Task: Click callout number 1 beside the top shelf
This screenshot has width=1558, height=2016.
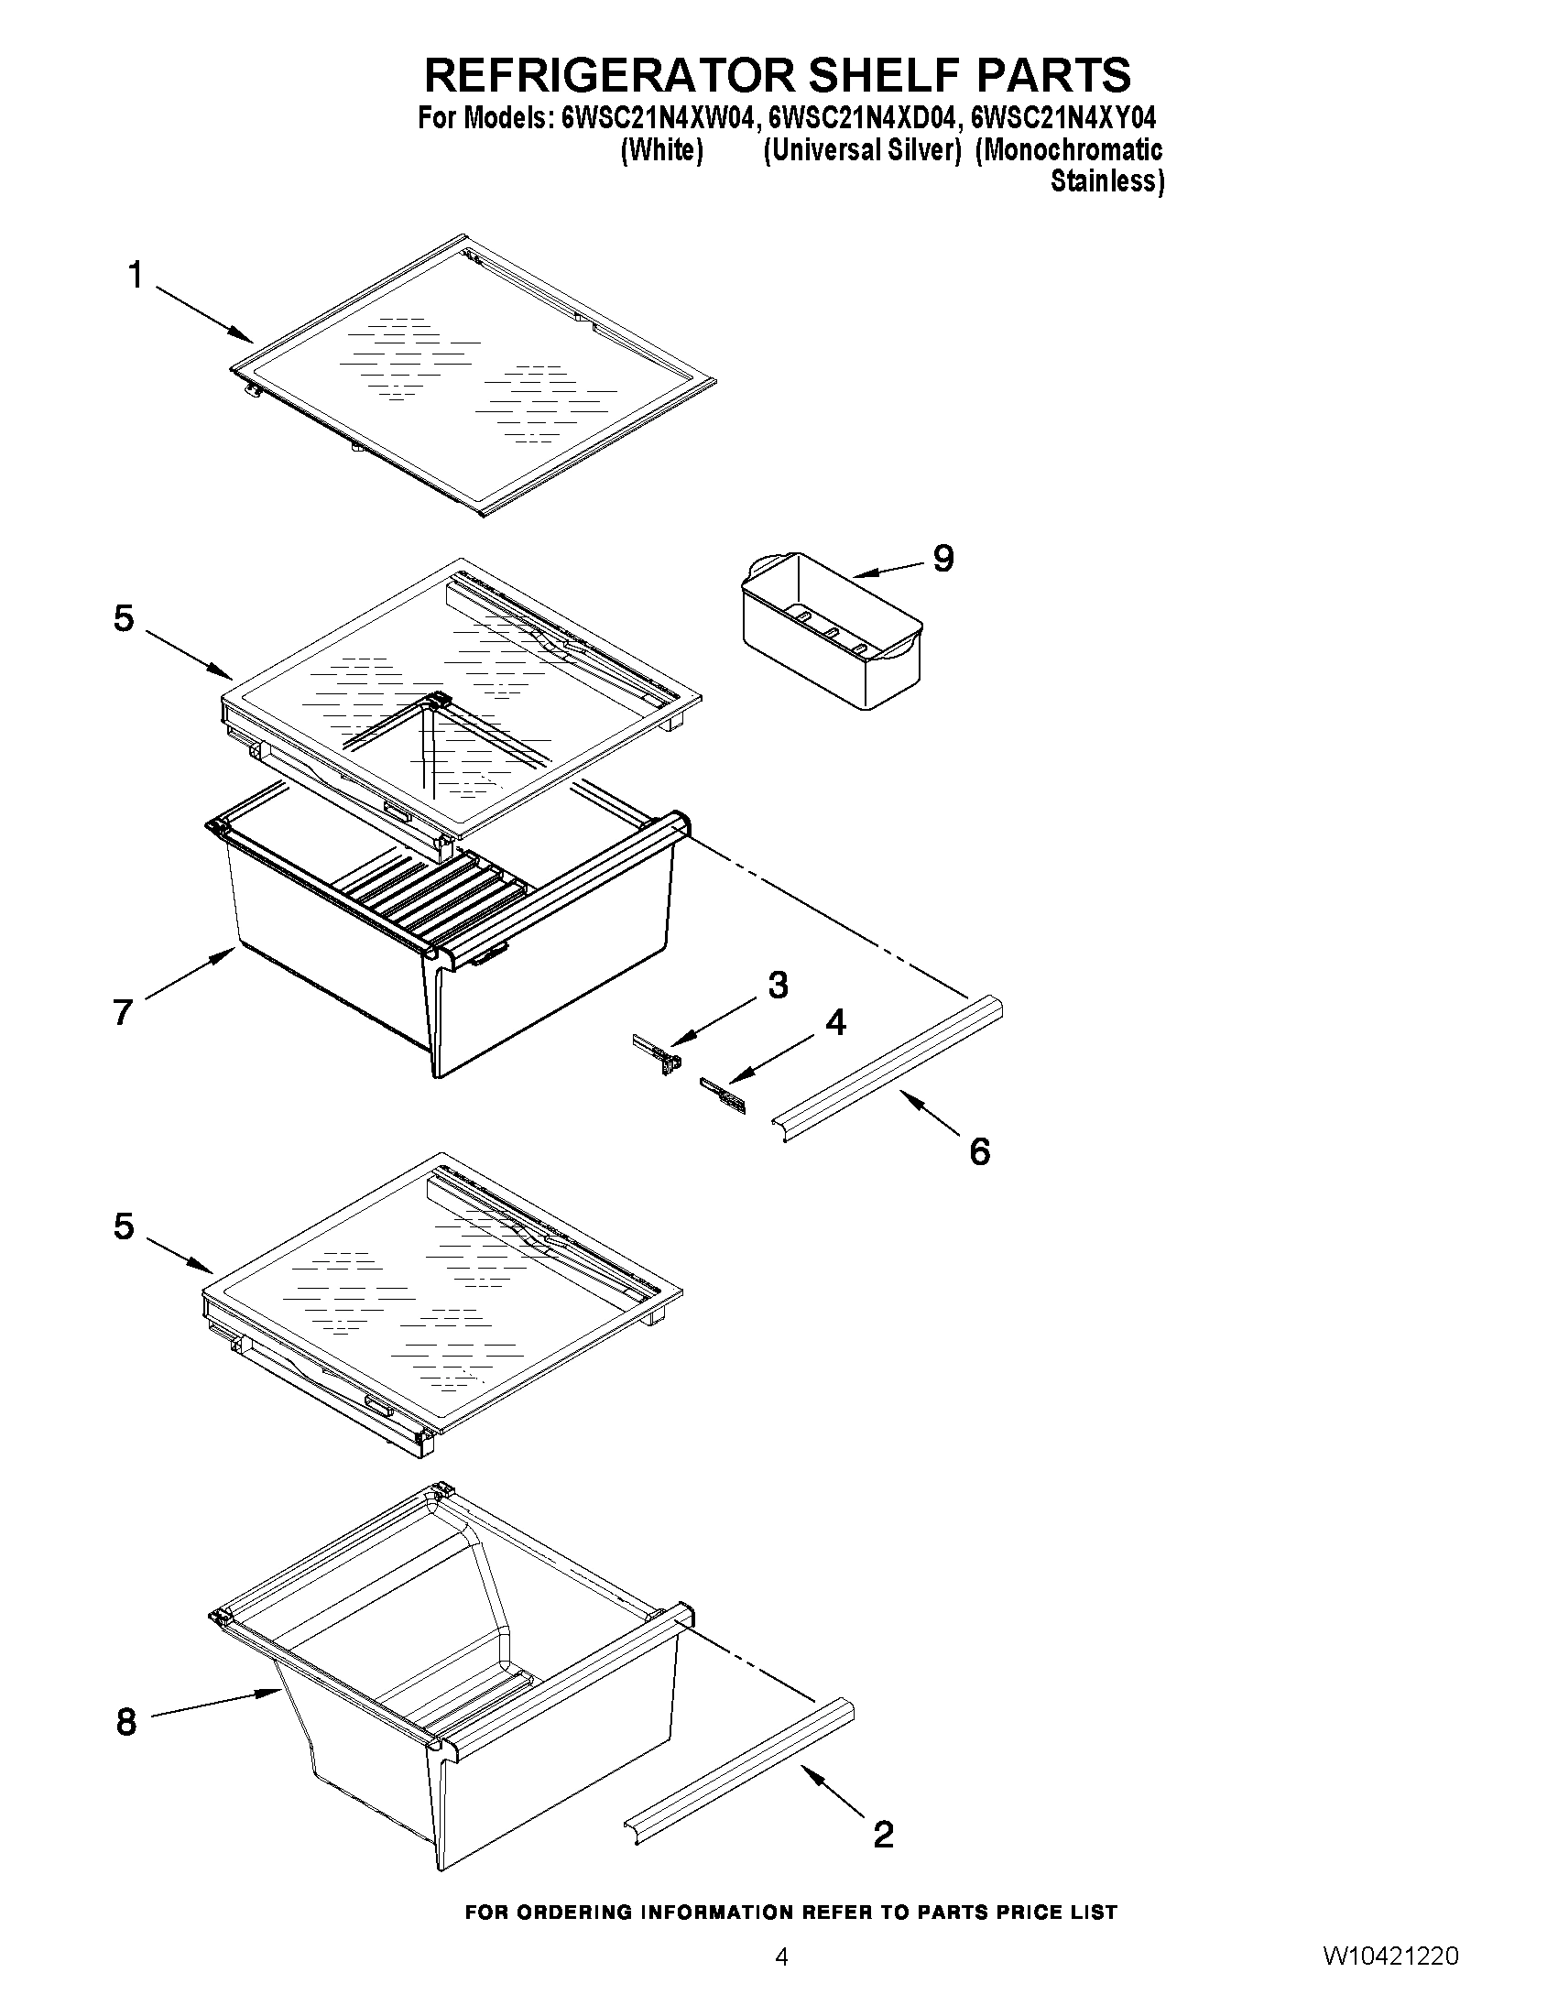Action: pos(136,274)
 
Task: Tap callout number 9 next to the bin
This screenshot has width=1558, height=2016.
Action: pos(942,559)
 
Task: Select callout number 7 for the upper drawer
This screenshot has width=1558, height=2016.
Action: pos(124,1013)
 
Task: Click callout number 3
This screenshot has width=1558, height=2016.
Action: pos(778,986)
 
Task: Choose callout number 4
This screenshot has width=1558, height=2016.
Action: pos(835,1023)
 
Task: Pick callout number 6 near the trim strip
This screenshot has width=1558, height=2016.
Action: pos(979,1150)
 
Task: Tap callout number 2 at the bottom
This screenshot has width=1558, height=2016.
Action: pos(882,1833)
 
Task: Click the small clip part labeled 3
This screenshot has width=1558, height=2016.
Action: pos(658,1052)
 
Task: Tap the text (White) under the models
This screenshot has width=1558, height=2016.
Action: pos(662,150)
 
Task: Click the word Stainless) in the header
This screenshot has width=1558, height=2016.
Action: pos(1106,181)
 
